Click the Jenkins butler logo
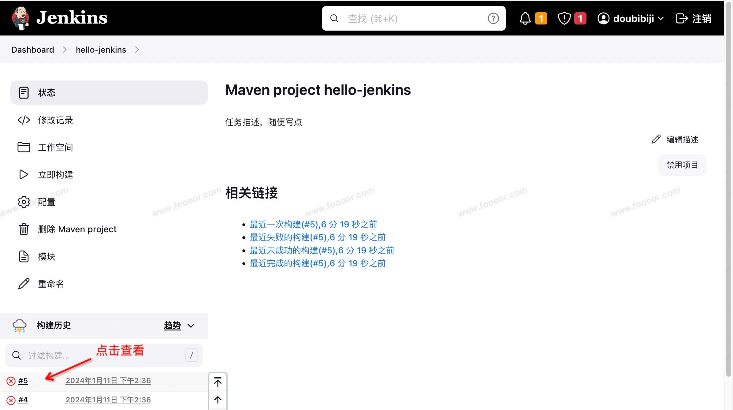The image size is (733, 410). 20,18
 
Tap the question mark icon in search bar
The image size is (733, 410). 493,19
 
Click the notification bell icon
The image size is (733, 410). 525,19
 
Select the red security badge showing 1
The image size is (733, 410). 580,19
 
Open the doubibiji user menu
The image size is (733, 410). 630,19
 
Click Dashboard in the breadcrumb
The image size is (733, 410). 33,50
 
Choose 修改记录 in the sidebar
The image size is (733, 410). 55,120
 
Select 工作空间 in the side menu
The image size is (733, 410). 55,147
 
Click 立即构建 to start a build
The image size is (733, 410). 55,175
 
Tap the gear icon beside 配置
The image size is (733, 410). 24,202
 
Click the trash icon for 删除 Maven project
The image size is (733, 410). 24,229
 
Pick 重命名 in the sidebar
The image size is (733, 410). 51,284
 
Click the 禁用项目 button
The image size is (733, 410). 682,165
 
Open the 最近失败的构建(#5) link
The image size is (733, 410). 318,237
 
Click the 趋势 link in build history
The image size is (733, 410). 173,326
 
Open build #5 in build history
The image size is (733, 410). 23,381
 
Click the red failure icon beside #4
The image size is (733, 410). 11,400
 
